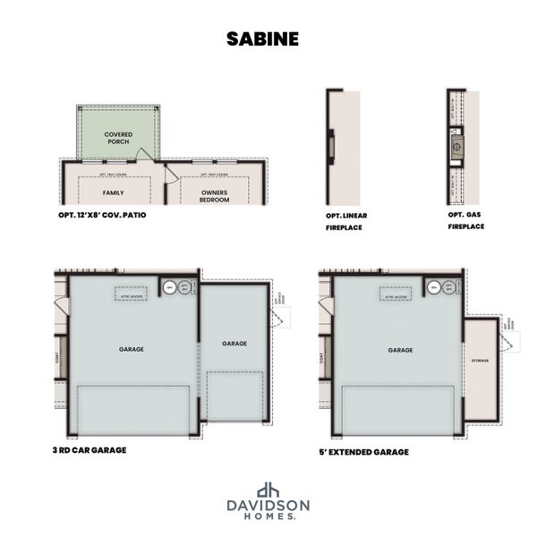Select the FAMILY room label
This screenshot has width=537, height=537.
(x=114, y=192)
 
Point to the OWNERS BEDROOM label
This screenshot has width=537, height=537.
(x=214, y=196)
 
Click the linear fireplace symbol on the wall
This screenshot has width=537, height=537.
(x=329, y=144)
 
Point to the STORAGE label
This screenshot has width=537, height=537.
(x=480, y=360)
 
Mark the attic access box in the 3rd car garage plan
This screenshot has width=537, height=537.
(x=132, y=294)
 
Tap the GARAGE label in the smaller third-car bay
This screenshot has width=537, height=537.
(x=234, y=344)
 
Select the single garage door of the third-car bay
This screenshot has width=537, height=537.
(x=234, y=395)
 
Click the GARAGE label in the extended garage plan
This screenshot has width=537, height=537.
(x=400, y=350)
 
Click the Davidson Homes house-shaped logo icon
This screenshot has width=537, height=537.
(x=268, y=490)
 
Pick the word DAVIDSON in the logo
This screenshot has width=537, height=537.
(x=268, y=506)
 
